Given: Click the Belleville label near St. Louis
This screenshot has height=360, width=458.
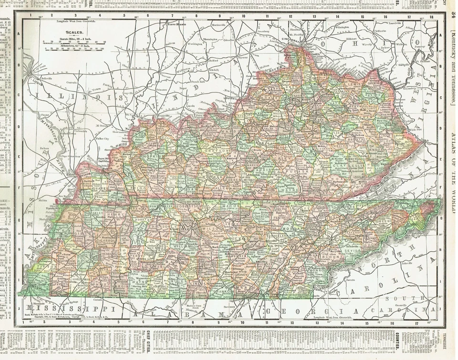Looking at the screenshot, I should [46, 78].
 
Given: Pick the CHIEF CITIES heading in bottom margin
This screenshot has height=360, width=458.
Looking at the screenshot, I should [148, 339].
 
